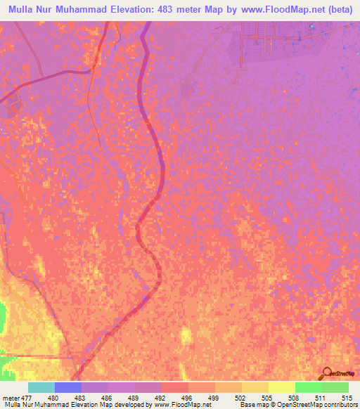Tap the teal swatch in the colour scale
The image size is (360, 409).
pos(41,387)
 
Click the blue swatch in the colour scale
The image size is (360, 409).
pos(67,387)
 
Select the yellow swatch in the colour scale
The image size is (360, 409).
pos(281,387)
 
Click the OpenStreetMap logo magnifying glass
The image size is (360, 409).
pos(328,372)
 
